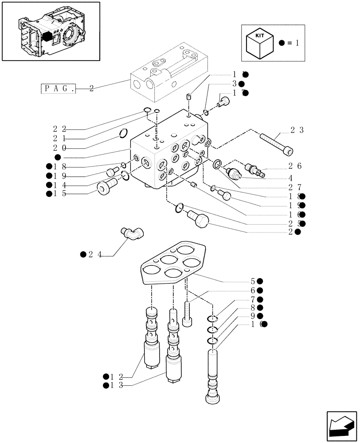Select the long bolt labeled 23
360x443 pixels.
[x=276, y=144]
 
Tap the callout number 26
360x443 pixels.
[x=296, y=166]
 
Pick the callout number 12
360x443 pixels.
[x=116, y=377]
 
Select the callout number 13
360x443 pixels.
[x=116, y=385]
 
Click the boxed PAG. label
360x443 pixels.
[x=58, y=88]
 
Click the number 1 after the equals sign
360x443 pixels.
[x=297, y=43]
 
